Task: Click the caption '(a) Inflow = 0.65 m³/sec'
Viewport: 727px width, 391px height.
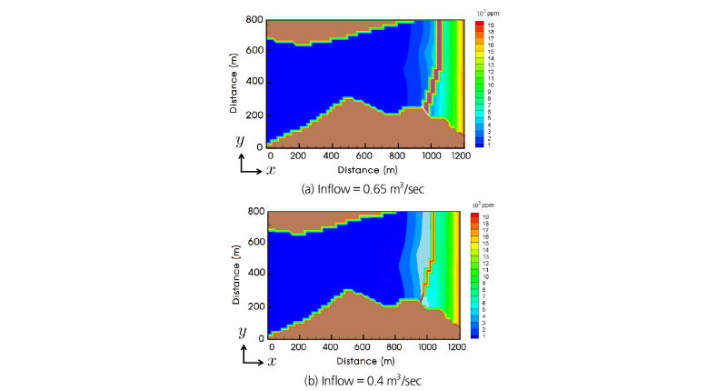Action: (363, 188)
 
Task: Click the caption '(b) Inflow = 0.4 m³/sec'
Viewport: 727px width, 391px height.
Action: (363, 380)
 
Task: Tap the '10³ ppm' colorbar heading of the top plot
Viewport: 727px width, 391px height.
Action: (488, 12)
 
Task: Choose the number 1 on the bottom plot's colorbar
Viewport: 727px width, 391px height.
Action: (488, 336)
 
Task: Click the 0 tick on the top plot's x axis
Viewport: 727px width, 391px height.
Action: (270, 156)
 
